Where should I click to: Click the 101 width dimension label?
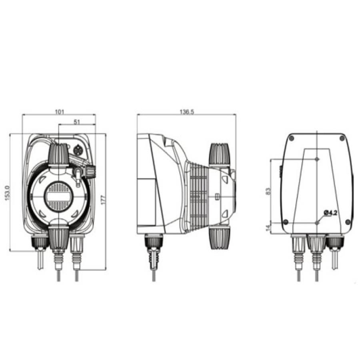click(59, 112)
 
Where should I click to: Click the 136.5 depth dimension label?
click(186, 112)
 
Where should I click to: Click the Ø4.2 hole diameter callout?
click(330, 213)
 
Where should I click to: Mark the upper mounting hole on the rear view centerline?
click(317, 159)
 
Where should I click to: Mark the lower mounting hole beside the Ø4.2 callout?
click(317, 222)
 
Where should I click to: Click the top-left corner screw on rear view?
click(291, 138)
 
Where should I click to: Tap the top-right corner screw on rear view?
click(342, 138)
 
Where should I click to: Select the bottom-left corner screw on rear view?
click(286, 222)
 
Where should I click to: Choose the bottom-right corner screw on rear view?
click(348, 222)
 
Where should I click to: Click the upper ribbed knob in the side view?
click(219, 154)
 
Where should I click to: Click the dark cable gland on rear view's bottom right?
click(334, 241)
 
